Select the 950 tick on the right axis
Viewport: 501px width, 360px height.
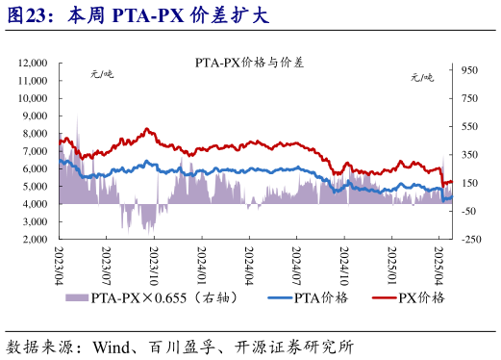coord(470,70)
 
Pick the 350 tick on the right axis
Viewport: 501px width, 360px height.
coord(470,155)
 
